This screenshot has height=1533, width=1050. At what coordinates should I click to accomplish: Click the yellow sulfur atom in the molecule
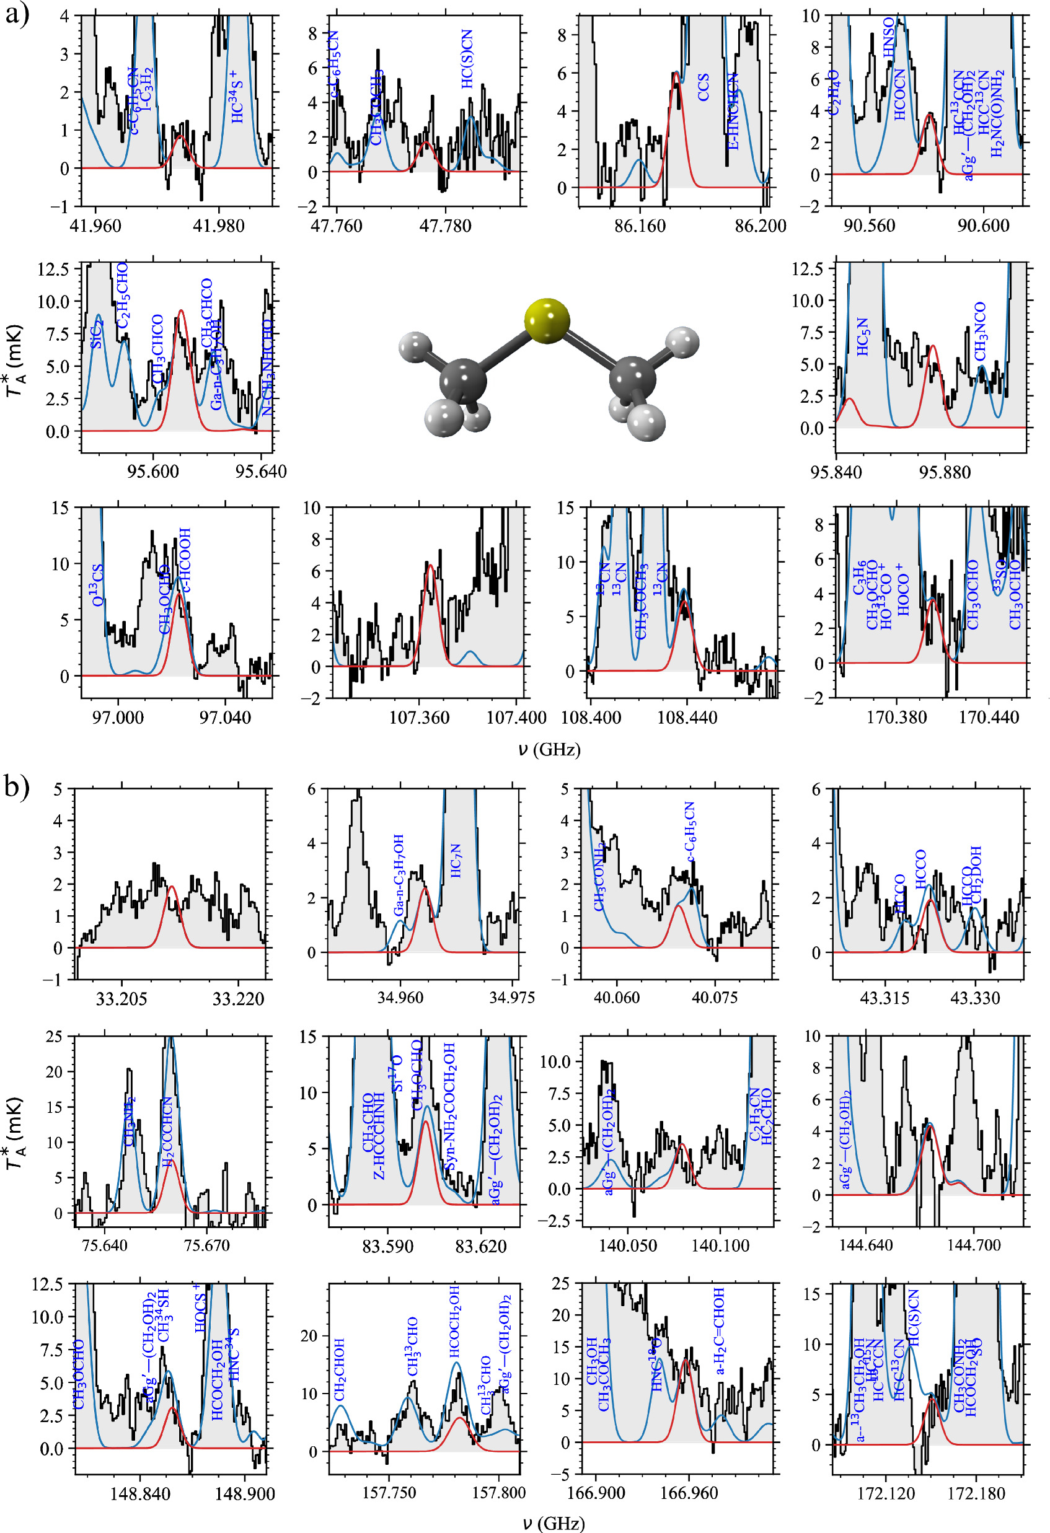[x=547, y=321]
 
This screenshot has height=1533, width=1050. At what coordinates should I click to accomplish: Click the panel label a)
[x=17, y=14]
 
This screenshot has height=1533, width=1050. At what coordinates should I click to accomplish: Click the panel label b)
[x=17, y=789]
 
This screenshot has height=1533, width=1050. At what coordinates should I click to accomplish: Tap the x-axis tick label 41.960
[x=95, y=226]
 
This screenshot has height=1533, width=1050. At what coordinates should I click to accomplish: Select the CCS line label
[x=704, y=87]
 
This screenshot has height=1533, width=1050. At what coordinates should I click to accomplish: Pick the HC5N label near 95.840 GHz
[x=863, y=336]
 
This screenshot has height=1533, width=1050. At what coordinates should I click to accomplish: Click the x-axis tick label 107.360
[x=419, y=717]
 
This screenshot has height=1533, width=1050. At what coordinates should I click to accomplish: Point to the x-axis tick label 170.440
[x=988, y=717]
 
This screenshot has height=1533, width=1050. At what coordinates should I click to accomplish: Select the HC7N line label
[x=456, y=861]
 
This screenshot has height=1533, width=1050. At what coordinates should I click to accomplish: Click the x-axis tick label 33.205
[x=121, y=998]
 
